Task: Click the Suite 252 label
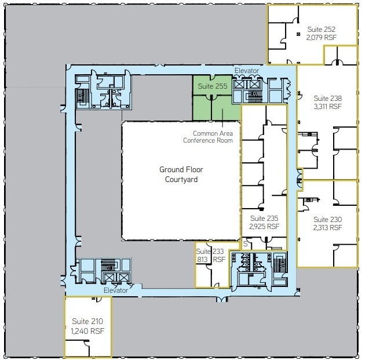click(x=321, y=28)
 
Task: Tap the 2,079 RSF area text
click(x=321, y=37)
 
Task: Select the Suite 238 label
click(x=328, y=98)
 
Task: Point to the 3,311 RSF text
click(x=328, y=107)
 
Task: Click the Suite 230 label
click(x=328, y=219)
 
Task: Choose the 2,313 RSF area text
click(x=328, y=228)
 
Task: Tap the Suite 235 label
click(x=264, y=218)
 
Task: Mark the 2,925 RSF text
click(x=264, y=227)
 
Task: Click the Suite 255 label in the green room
click(x=212, y=86)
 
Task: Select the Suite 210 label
click(x=88, y=321)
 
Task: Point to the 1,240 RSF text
click(x=88, y=330)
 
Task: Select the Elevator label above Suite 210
click(x=115, y=290)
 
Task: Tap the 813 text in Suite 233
click(x=203, y=260)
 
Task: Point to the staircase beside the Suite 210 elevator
click(x=109, y=267)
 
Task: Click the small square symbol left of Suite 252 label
click(x=298, y=34)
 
